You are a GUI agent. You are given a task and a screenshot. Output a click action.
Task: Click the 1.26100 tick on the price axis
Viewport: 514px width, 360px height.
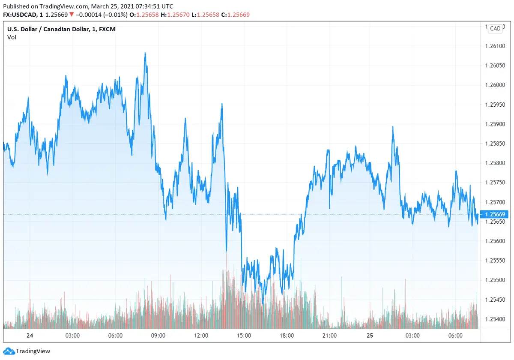pos(495,46)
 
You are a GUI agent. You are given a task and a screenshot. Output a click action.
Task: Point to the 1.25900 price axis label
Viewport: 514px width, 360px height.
pos(495,124)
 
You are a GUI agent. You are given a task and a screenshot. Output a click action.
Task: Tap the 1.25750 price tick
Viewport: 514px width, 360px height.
pos(495,182)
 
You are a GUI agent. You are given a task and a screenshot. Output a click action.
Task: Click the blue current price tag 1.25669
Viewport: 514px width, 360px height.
pos(495,214)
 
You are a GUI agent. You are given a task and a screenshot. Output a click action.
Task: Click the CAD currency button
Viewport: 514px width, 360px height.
pos(495,28)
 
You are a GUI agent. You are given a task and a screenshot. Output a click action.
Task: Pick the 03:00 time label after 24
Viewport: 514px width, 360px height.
pos(72,336)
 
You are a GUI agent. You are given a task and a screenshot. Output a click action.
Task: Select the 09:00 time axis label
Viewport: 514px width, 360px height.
pos(158,336)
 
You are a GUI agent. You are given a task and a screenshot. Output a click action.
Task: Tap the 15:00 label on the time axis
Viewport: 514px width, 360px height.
pos(244,336)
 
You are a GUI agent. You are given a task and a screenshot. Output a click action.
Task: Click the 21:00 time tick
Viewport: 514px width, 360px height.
pos(329,336)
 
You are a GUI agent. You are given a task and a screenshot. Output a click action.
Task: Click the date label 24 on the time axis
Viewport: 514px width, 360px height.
pos(30,336)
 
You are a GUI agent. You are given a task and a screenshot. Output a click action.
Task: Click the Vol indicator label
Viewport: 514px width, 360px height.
pos(12,37)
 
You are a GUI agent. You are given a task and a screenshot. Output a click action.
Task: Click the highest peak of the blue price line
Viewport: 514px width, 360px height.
pos(145,53)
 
